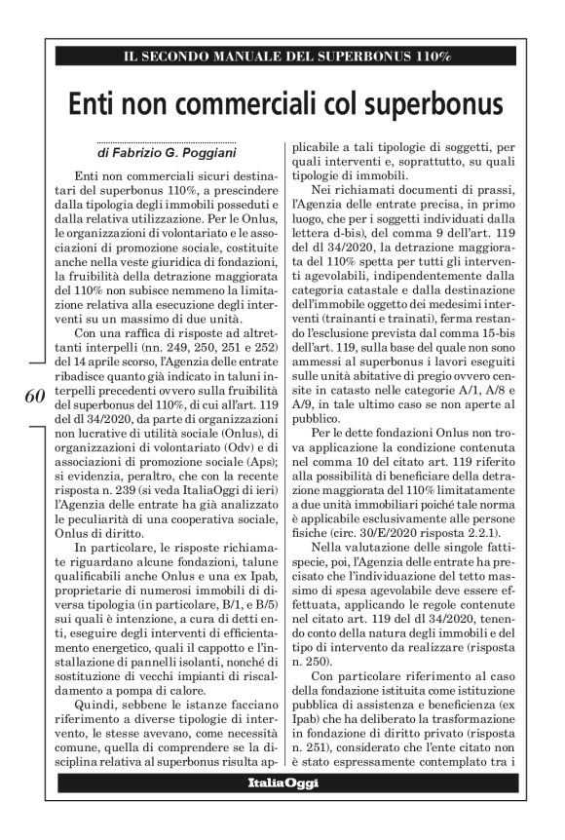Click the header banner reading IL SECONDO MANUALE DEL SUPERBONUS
coord(282,57)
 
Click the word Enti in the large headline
coord(99,103)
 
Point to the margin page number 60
coord(30,397)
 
